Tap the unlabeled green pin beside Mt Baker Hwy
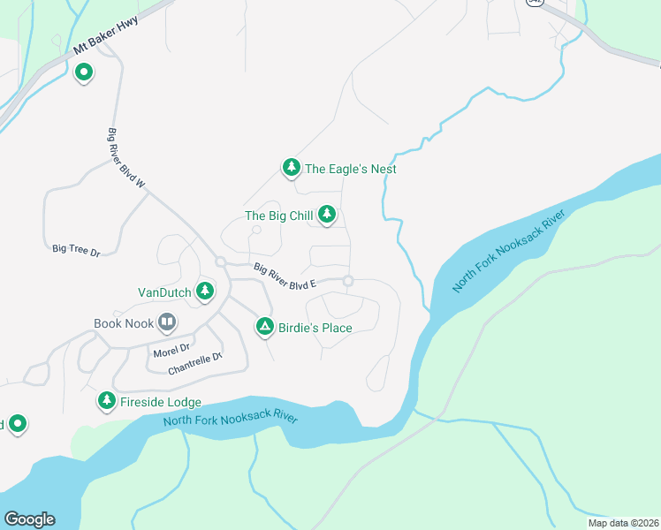click(x=84, y=72)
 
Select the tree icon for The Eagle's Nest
click(x=291, y=168)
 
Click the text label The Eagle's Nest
click(x=350, y=169)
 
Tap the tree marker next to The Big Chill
click(x=327, y=215)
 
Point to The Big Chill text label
click(x=277, y=216)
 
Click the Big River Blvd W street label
click(x=125, y=158)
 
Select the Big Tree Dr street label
click(x=76, y=252)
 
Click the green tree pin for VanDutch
click(x=205, y=291)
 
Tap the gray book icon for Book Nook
click(x=167, y=323)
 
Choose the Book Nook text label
click(x=124, y=324)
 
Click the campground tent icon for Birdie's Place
click(x=264, y=328)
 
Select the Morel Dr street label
click(x=171, y=350)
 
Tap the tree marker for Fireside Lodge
click(x=107, y=402)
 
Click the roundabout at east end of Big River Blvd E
click(x=349, y=281)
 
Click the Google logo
click(x=29, y=519)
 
